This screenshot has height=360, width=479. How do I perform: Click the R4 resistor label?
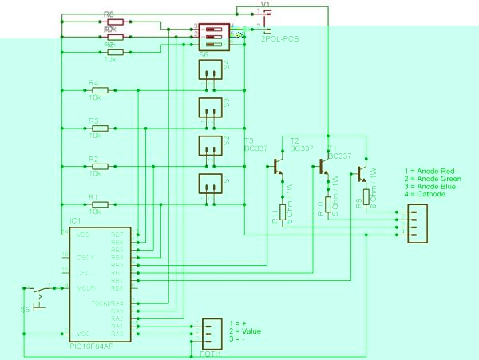coord(93,82)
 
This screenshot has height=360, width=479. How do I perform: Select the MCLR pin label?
coord(85,287)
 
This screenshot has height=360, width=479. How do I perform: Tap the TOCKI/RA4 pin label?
coord(118,303)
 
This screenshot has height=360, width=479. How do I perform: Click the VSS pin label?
coord(82,333)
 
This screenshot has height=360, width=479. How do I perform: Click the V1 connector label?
coord(267,4)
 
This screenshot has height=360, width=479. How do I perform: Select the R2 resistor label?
coord(93,159)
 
